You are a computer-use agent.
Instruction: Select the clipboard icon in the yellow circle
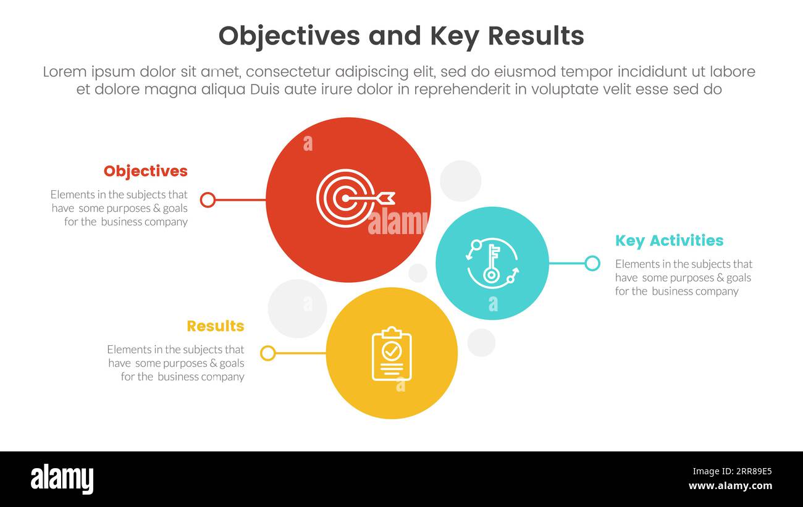(x=392, y=353)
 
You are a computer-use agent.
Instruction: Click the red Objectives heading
(x=145, y=171)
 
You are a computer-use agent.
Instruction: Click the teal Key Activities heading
(x=669, y=240)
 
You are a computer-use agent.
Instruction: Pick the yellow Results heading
(x=215, y=326)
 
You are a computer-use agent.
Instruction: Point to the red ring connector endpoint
(x=208, y=199)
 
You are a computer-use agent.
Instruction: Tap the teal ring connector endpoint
(x=592, y=264)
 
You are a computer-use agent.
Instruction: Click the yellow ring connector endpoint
(x=267, y=353)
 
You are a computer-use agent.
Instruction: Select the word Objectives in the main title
(x=288, y=36)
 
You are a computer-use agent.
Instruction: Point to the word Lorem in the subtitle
(x=65, y=72)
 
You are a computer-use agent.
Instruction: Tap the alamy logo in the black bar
(x=62, y=479)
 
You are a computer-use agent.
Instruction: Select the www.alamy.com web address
(x=730, y=486)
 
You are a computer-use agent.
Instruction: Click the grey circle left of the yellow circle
(x=297, y=308)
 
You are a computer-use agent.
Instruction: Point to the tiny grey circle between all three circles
(x=418, y=273)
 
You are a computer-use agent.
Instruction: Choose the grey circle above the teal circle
(x=460, y=181)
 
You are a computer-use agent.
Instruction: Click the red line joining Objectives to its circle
(x=240, y=199)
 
